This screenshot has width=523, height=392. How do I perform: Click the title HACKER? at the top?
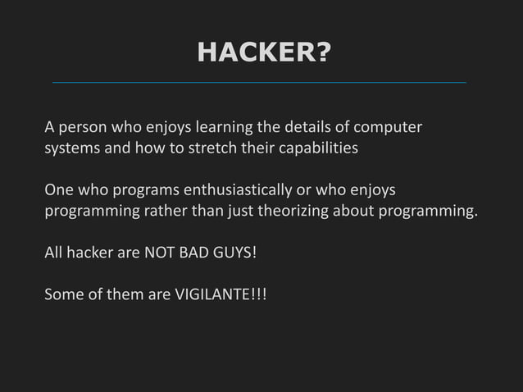coord(264,52)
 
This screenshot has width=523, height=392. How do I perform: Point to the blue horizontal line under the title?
coord(259,83)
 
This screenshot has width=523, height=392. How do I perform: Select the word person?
coord(81,129)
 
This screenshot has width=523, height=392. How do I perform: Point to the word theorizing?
coord(299,211)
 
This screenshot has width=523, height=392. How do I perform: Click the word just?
coord(234,211)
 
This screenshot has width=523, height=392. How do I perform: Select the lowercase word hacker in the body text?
coord(90,252)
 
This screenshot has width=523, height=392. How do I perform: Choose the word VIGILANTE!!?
coord(221,293)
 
